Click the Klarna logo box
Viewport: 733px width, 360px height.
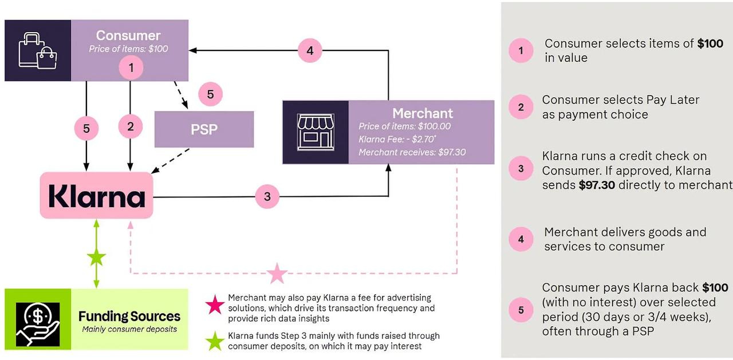pos(97,196)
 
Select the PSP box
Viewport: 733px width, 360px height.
pos(204,129)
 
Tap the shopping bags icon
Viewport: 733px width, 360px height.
pos(38,50)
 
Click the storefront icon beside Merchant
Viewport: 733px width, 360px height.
pos(315,132)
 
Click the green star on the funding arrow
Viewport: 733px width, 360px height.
pos(96,258)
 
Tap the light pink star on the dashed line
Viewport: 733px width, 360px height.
pos(278,274)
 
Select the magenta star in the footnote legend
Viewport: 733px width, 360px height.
pos(215,304)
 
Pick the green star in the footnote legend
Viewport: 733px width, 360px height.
pos(215,341)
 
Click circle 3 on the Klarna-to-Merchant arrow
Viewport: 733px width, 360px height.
pos(267,197)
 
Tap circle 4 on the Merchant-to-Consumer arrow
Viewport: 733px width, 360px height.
pos(310,50)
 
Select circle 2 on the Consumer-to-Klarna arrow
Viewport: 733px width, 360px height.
pos(131,126)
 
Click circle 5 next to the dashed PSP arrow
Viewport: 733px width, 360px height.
pos(210,94)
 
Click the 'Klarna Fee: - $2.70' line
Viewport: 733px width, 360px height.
pos(396,139)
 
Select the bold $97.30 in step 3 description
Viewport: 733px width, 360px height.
pos(597,185)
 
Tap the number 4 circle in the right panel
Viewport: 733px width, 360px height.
pos(521,239)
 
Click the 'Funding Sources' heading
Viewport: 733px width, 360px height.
pos(129,317)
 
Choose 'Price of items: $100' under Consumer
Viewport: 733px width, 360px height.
pos(128,49)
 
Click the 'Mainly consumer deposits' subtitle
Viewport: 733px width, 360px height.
pos(129,329)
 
